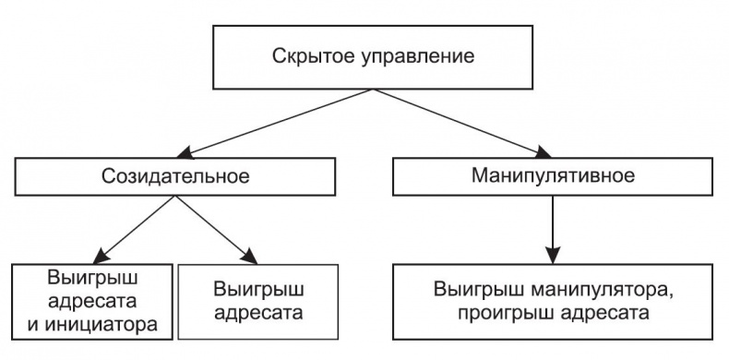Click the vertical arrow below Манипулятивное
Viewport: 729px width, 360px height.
tap(552, 226)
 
